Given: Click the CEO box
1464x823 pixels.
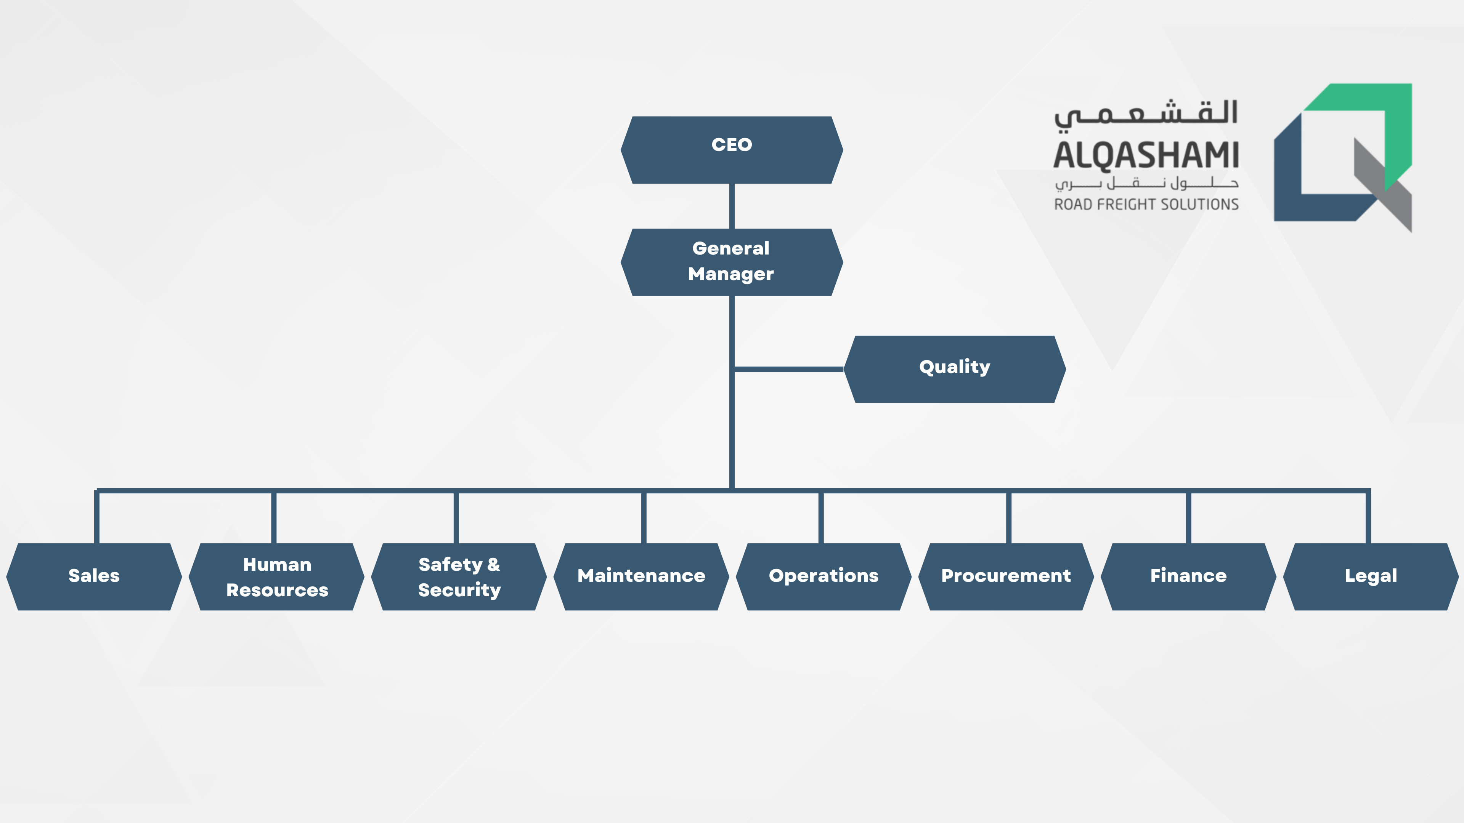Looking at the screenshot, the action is point(732,150).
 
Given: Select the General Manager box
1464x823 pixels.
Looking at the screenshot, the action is point(732,262).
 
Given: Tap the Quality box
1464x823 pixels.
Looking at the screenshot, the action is point(954,369).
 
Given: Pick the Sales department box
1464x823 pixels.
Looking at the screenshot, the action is point(94,576).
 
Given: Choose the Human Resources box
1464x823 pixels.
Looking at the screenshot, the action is point(277,576).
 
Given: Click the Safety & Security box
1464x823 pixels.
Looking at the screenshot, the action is point(459,576).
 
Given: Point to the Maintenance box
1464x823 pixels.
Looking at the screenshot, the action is point(641,576).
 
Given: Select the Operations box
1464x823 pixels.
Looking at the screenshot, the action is point(823,576).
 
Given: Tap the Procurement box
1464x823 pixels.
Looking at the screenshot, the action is point(1006,576).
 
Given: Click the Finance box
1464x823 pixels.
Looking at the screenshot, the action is point(1188,576).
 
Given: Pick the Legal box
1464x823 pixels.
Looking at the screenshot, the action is point(1371,576).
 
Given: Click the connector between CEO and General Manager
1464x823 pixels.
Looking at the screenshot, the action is point(732,206).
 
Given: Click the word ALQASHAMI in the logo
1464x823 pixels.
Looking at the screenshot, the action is point(1146,155).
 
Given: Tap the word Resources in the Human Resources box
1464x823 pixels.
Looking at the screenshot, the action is point(277,590).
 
